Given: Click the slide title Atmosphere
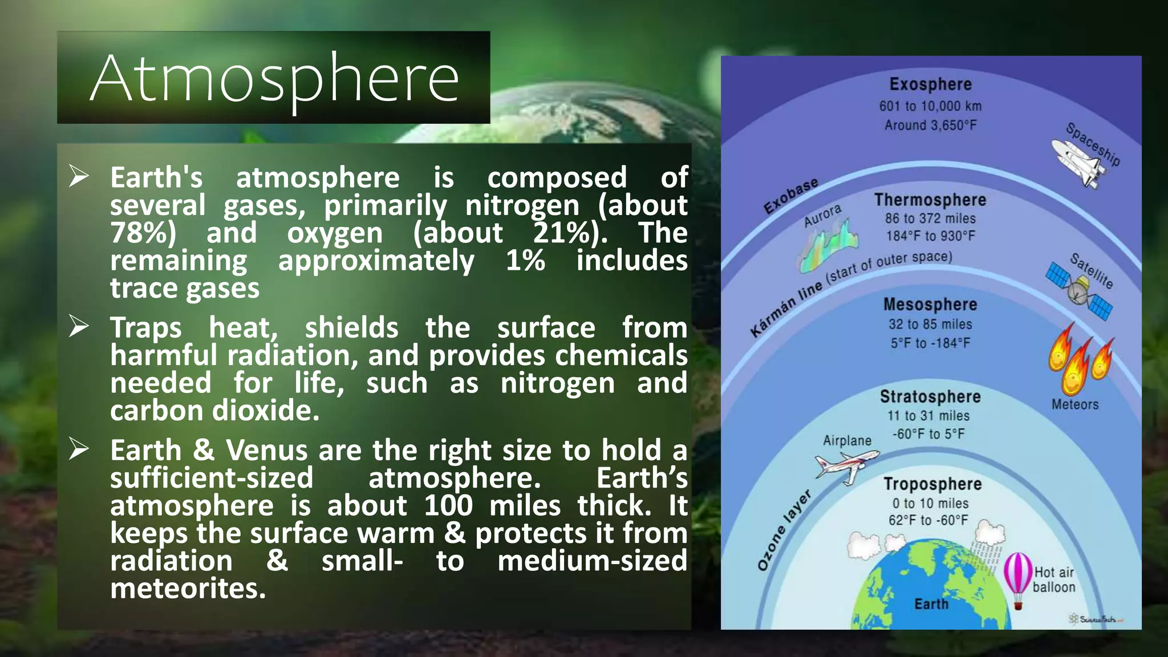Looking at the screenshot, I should pos(274,78).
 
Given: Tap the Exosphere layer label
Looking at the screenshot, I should pos(930,84).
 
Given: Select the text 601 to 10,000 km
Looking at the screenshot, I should pos(930,106).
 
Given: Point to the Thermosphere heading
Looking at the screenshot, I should pos(930,200).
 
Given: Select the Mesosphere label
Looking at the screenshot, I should pos(930,305).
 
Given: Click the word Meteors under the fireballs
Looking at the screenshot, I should pos(1074,404).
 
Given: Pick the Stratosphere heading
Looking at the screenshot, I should pos(930,396).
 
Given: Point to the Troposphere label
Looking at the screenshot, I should pos(932,484).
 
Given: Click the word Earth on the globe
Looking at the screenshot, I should pos(931,604).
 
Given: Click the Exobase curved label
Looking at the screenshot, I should pos(790,196).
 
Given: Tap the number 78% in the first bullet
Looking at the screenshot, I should pos(143,233).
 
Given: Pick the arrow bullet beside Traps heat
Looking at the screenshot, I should pos(79,326).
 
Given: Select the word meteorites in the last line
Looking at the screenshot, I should pos(188,589).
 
